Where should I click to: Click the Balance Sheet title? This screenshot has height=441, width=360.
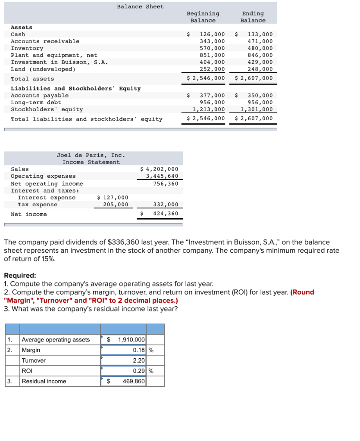[x=140, y=6]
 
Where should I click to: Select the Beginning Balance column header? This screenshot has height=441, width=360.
[x=203, y=17]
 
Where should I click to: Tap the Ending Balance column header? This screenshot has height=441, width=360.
[x=253, y=17]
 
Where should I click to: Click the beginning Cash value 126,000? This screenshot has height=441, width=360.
[x=212, y=34]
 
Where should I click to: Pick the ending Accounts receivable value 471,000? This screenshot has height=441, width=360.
[x=260, y=41]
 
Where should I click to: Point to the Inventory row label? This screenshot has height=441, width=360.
[x=27, y=48]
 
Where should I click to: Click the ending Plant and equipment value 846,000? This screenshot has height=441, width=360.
[x=260, y=55]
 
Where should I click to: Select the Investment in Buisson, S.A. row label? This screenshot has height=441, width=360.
[x=59, y=62]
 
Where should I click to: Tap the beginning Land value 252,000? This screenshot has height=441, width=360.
[x=212, y=69]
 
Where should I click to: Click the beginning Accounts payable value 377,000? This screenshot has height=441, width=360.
[x=212, y=96]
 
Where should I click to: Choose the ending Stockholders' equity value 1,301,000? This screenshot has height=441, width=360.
[x=257, y=109]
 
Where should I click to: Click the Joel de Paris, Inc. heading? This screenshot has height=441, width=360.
[x=91, y=155]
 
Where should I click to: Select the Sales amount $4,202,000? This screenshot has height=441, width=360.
[x=160, y=169]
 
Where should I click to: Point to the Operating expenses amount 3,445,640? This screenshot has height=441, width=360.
[x=162, y=176]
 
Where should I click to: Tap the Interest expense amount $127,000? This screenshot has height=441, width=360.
[x=113, y=198]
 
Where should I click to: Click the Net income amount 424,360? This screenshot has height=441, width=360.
[x=166, y=214]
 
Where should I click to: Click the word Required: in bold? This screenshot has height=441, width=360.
[x=20, y=275]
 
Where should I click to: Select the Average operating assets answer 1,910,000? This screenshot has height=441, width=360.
[x=131, y=340]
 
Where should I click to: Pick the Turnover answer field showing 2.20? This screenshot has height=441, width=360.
[x=139, y=360]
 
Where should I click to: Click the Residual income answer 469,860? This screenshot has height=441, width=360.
[x=134, y=381]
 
